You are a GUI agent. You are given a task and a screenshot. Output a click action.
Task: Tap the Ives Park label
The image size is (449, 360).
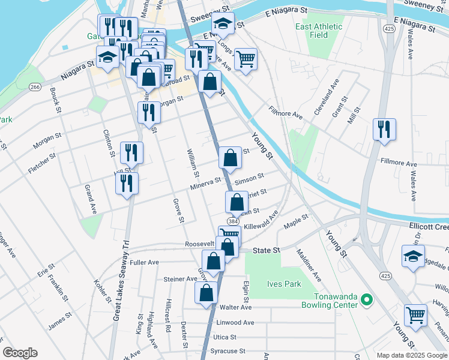tap(284, 284)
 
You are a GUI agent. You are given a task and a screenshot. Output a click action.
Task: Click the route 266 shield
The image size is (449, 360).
tap(35, 88)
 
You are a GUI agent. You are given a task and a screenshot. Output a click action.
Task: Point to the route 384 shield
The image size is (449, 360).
tap(234, 221)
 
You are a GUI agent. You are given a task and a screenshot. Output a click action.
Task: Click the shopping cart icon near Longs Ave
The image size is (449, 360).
tap(246, 59)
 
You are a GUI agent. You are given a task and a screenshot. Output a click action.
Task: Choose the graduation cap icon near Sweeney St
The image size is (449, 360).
tap(223, 25)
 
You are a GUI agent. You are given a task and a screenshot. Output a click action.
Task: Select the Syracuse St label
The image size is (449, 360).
tap(228, 351)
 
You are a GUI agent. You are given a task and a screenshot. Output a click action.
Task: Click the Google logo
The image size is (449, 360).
tap(20, 353)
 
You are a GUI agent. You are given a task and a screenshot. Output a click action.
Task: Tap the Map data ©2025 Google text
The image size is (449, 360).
tap(411, 355)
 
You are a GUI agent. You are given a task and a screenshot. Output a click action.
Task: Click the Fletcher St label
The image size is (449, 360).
tap(42, 163)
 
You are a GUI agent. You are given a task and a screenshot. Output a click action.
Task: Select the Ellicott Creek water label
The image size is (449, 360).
tap(428, 226)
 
